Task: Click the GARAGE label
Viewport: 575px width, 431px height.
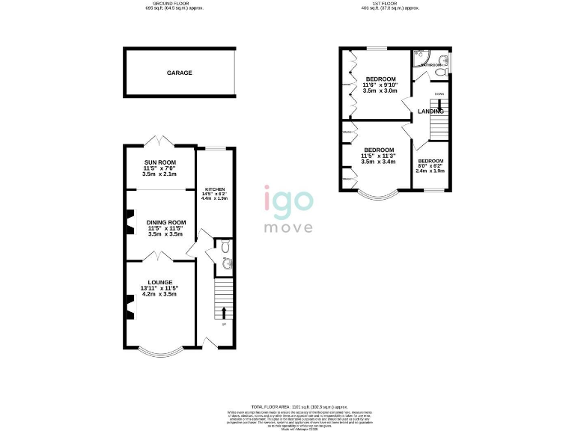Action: pos(180,73)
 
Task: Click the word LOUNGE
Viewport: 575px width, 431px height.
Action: pos(159,283)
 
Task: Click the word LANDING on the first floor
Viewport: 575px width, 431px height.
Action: pos(431,111)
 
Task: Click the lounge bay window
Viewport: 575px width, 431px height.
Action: pos(160,350)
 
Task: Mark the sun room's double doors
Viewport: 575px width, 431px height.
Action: pos(160,141)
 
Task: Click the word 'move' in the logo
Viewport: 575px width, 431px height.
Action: pos(287,226)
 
